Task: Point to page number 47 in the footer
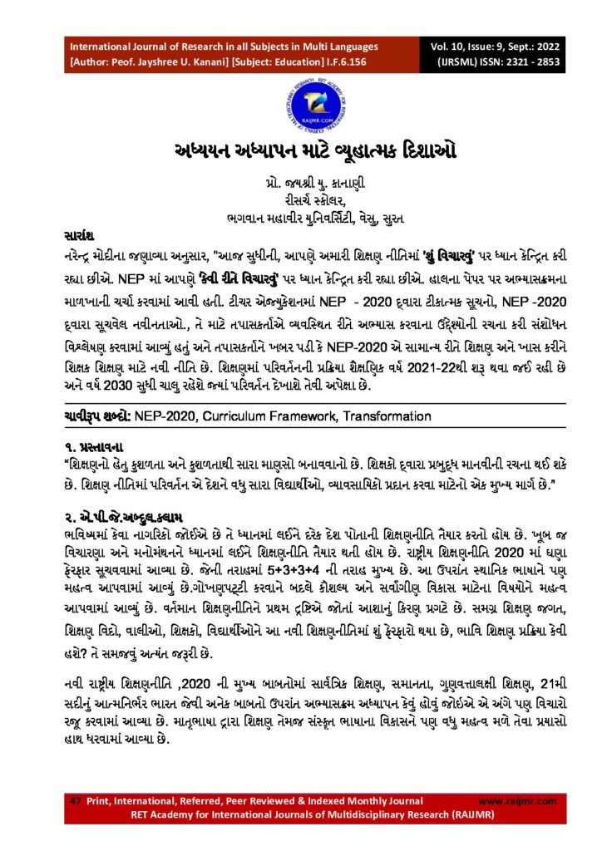[74, 800]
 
